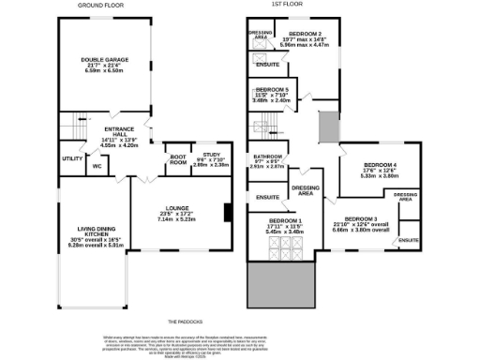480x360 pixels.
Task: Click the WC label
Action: pyautogui.click(x=97, y=167)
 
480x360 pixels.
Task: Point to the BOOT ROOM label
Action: pyautogui.click(x=178, y=160)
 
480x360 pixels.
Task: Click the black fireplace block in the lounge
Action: pyautogui.click(x=227, y=213)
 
